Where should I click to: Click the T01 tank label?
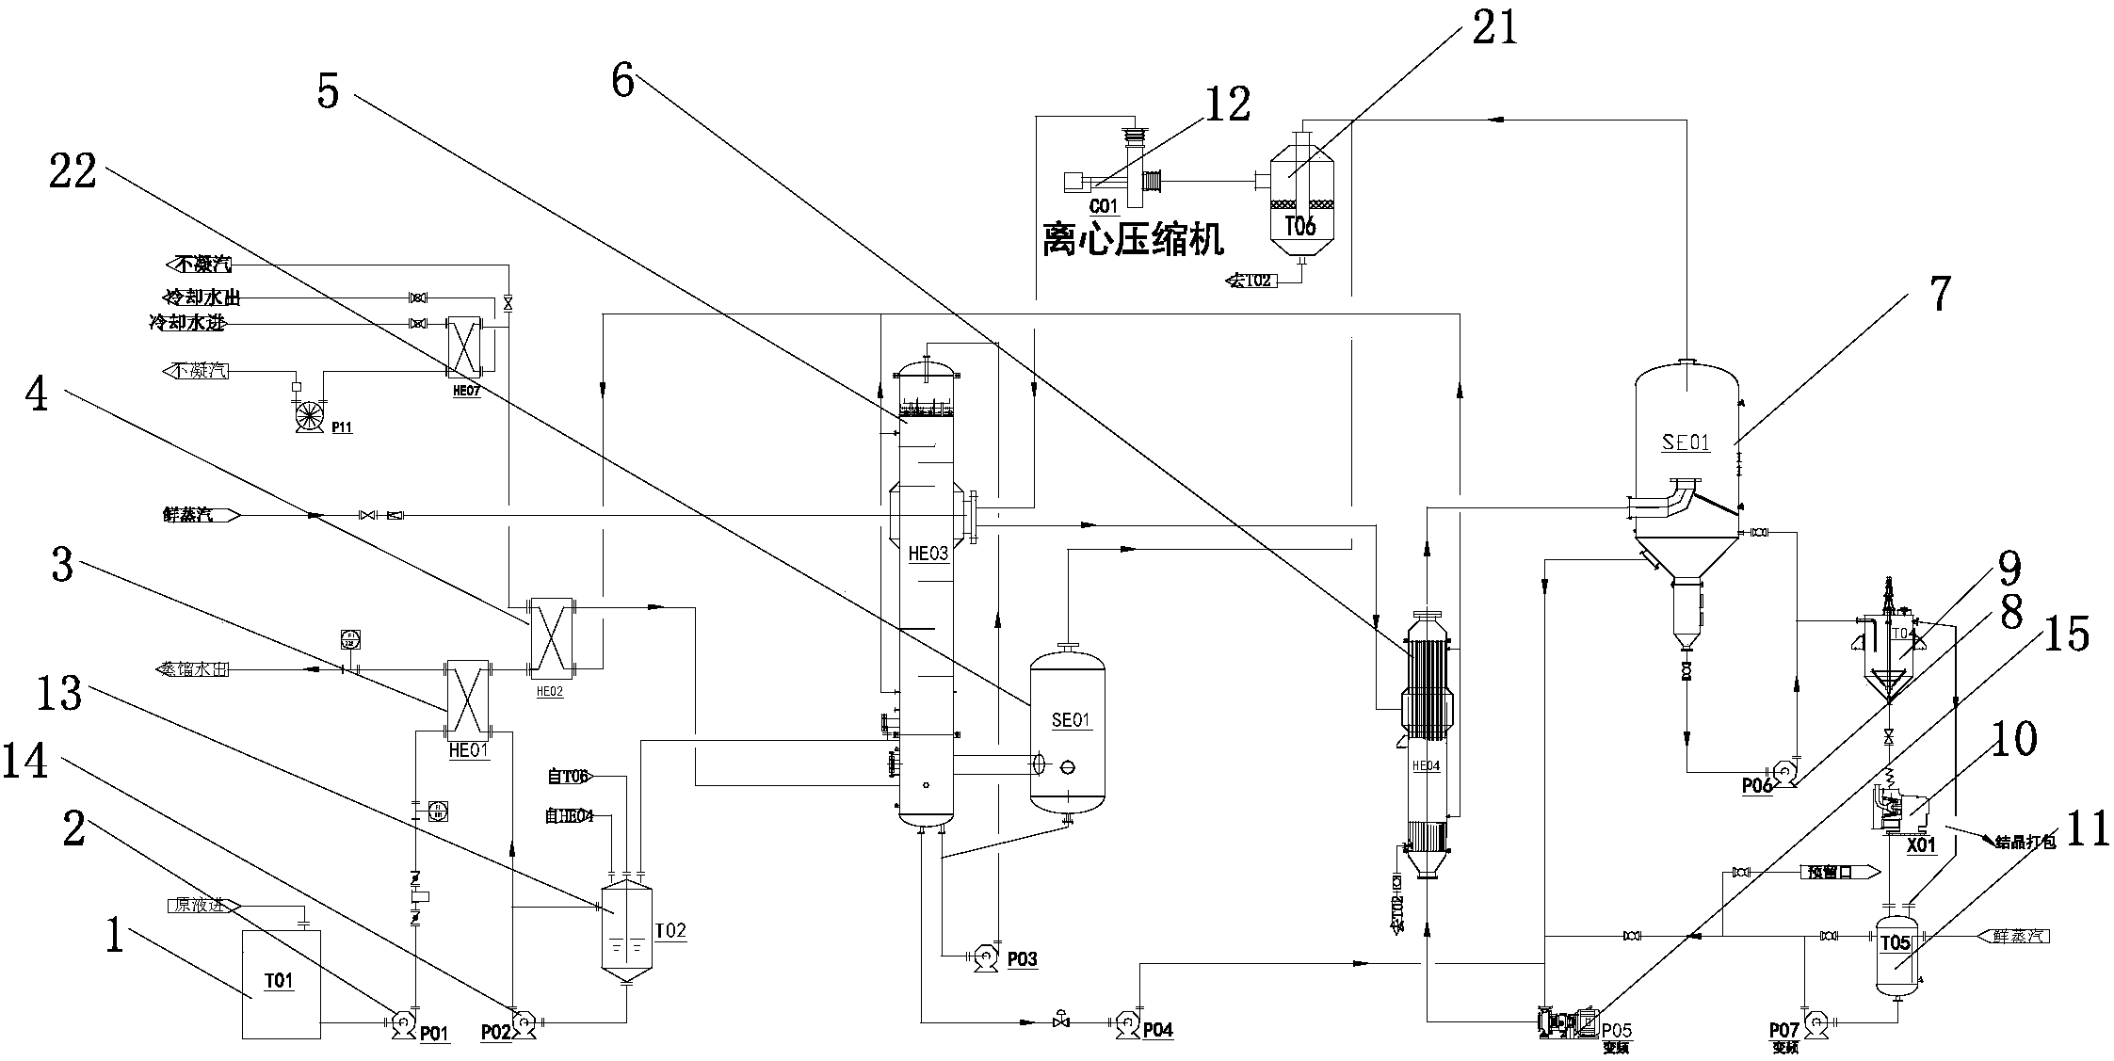[279, 981]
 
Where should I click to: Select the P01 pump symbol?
[401, 1021]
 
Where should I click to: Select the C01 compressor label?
[1103, 205]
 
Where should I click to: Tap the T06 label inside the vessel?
[1299, 226]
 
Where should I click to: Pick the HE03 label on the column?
[928, 554]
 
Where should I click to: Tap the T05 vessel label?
[1895, 942]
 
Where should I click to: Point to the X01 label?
[1921, 844]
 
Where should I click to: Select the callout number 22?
[73, 172]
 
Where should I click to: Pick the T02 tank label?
[670, 931]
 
